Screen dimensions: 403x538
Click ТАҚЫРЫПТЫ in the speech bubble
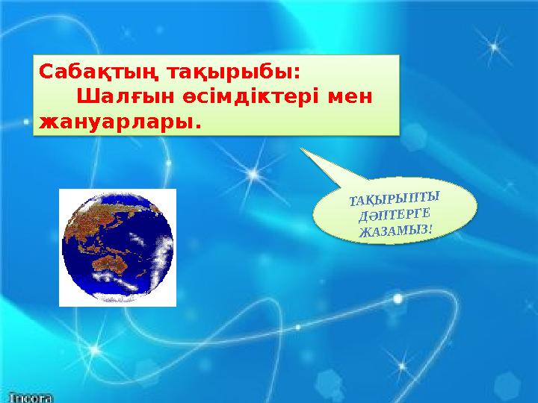394,199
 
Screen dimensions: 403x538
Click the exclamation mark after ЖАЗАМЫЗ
430,226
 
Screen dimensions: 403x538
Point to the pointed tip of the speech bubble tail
301,148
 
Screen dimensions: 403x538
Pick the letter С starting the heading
45,73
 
